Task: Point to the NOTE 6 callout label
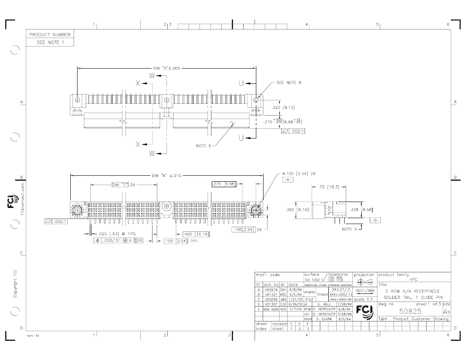203,146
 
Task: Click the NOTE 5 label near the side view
350,230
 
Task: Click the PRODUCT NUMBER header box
50,35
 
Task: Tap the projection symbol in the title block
364,282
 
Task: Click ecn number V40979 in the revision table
270,289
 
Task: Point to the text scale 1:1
364,299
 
